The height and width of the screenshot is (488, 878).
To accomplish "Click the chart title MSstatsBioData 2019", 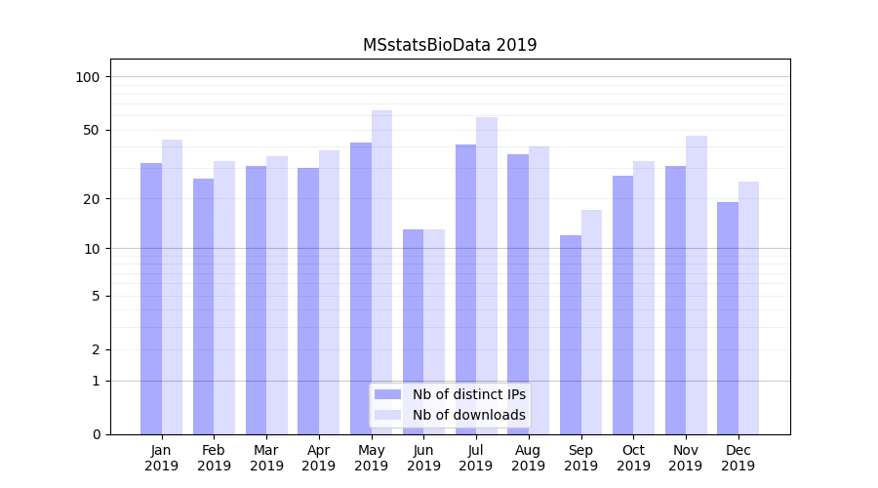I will point(450,45).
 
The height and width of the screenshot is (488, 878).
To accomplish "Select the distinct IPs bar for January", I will point(151,299).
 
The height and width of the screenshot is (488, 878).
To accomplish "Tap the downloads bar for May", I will point(381,272).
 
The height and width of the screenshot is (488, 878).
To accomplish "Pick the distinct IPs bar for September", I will point(571,335).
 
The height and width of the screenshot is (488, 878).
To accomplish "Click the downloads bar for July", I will point(487,275).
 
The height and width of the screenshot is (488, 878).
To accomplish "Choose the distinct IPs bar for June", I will point(413,332).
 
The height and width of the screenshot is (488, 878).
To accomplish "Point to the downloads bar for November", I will point(697,285).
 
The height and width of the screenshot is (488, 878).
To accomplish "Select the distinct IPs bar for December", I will point(728,318).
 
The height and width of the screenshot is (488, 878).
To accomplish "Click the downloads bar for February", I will point(224,298).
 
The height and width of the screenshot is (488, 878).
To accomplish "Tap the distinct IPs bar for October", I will point(623,305).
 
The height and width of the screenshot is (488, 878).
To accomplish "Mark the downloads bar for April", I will point(330,292).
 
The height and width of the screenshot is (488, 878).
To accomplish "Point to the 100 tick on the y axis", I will point(88,77).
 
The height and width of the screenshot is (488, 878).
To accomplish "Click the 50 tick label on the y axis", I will point(92,130).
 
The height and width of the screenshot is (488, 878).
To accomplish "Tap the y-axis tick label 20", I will point(92,199).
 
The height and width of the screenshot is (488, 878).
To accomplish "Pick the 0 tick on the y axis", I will point(96,434).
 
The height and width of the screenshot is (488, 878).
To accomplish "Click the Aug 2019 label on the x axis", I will point(529,458).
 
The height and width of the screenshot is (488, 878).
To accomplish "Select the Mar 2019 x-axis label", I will point(266,458).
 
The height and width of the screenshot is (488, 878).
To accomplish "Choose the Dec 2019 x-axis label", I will point(738,458).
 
